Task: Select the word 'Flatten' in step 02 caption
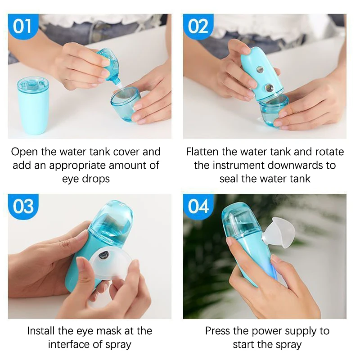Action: [x=204, y=152]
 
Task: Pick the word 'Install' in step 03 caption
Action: [x=42, y=331]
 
